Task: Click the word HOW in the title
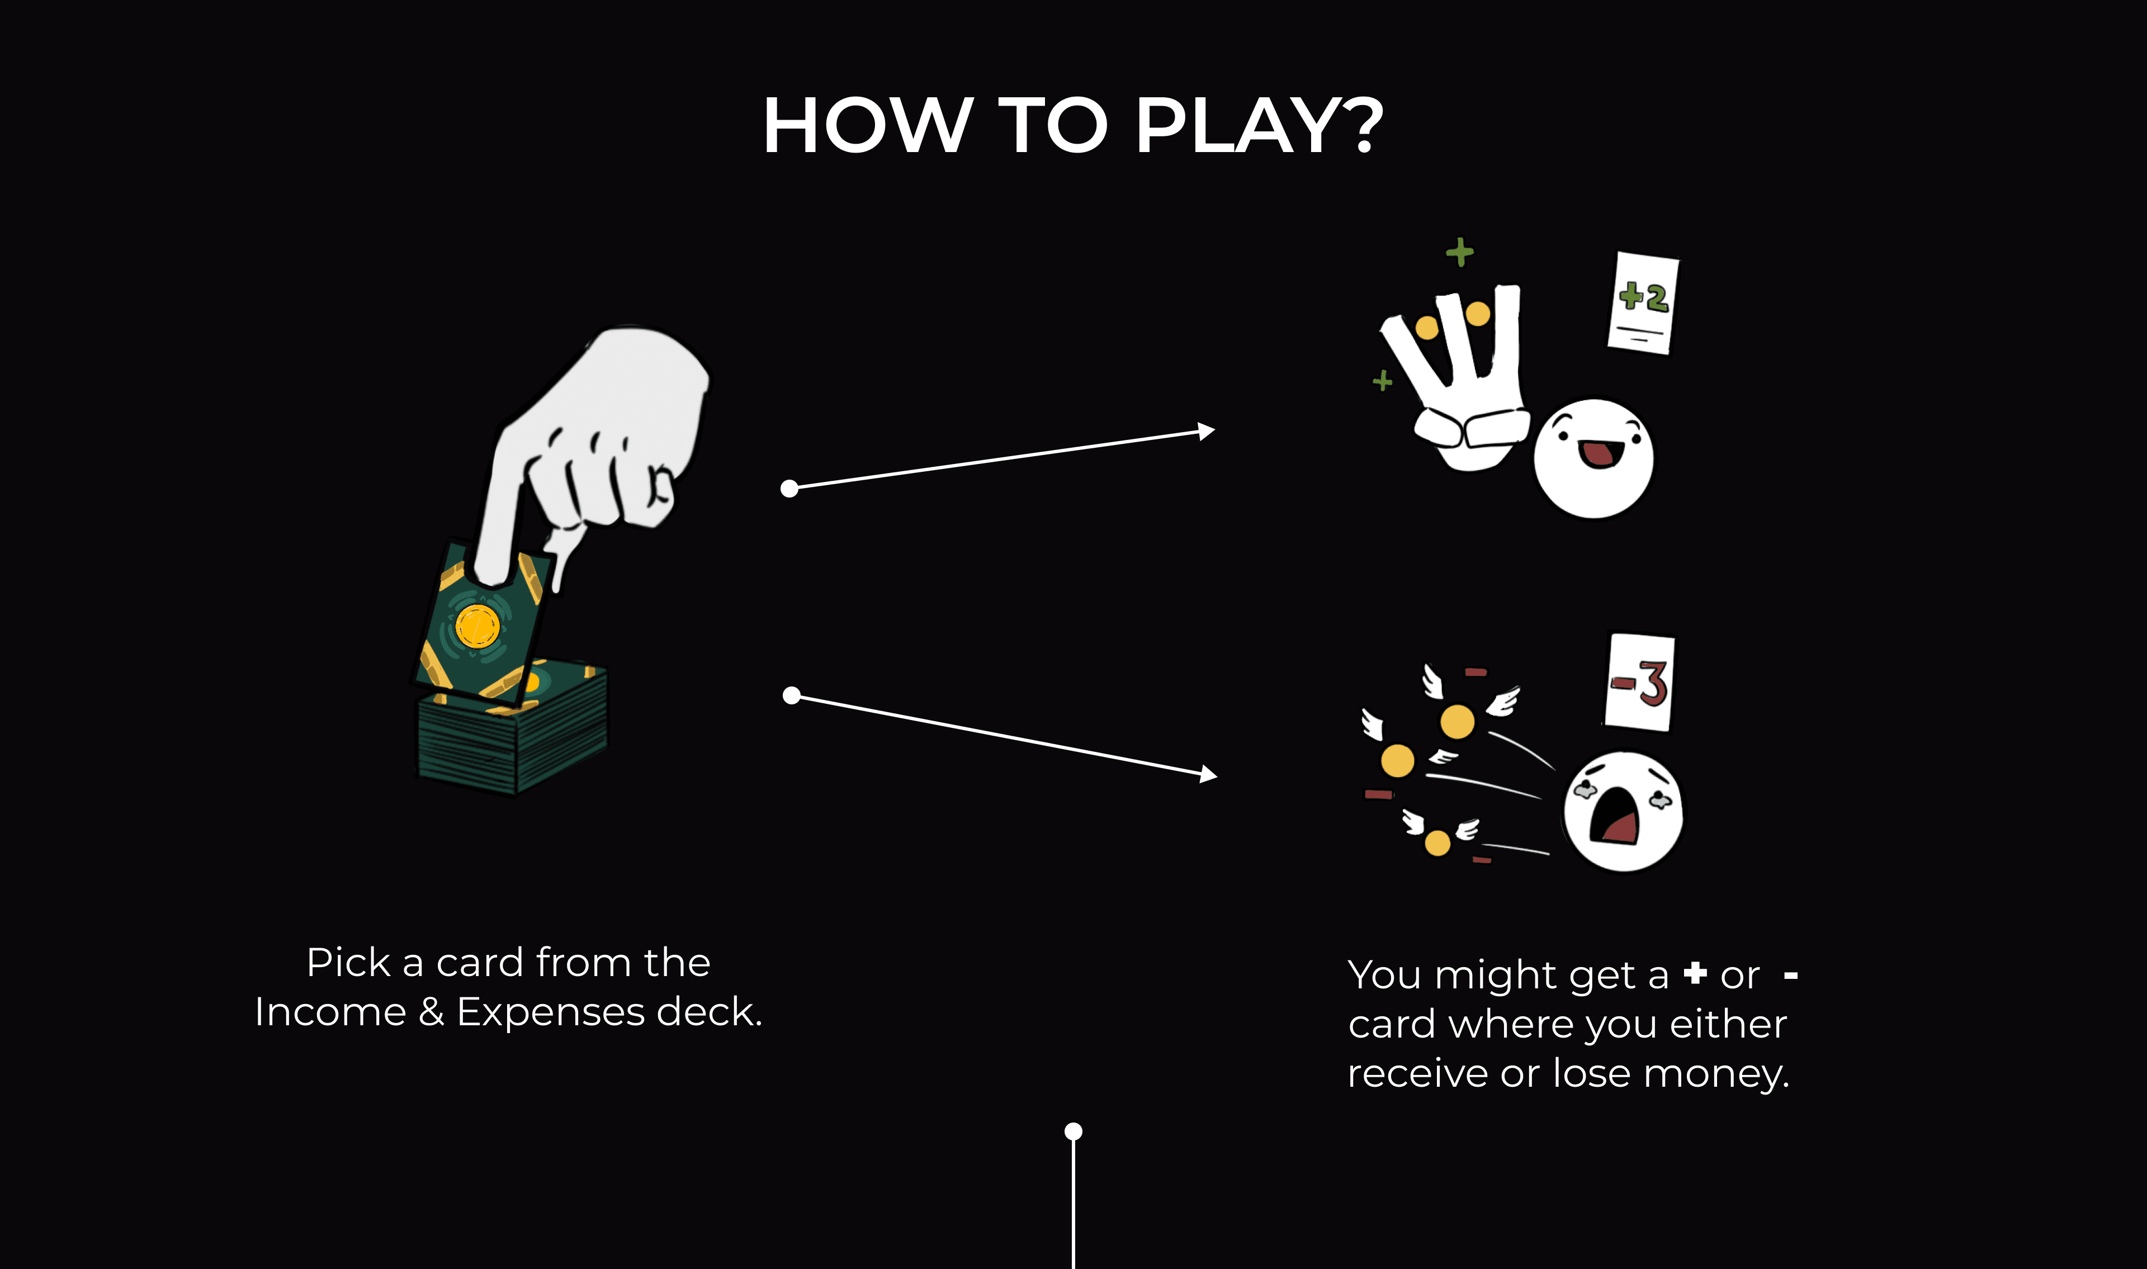[867, 126]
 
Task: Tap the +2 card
[1643, 302]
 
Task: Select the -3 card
[1639, 683]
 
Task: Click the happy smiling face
[1593, 458]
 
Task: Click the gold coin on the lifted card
[476, 626]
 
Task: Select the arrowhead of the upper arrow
[1207, 431]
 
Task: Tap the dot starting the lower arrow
[792, 695]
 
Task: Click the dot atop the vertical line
[1073, 1131]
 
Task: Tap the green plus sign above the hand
[1459, 252]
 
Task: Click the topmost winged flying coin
[1457, 721]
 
